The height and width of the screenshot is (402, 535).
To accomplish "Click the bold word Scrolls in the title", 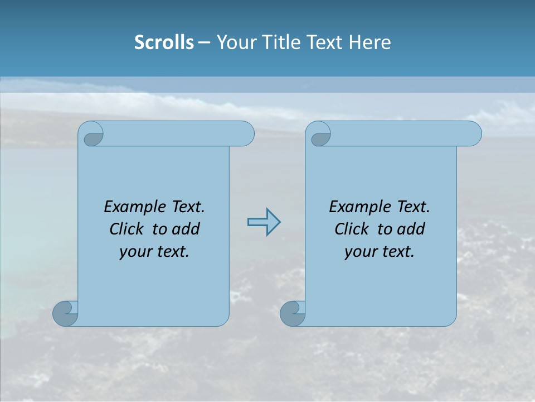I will point(164,42).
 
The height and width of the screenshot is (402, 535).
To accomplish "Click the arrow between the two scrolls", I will point(264,222).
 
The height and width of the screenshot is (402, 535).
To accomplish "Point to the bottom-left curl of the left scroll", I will point(65,313).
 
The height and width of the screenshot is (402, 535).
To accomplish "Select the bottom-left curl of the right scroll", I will point(292,313).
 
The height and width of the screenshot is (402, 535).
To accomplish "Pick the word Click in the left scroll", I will point(128,229).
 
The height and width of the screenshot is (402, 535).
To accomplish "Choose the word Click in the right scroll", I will point(352,229).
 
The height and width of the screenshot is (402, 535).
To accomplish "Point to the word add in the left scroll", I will point(186,229).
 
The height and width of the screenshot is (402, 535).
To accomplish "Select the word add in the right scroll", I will point(411,229).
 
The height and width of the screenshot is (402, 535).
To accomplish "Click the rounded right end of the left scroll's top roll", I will point(247,134).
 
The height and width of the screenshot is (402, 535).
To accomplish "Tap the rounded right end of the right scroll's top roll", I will point(474,134).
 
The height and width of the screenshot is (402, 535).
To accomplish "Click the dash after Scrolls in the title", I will point(204,42).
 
